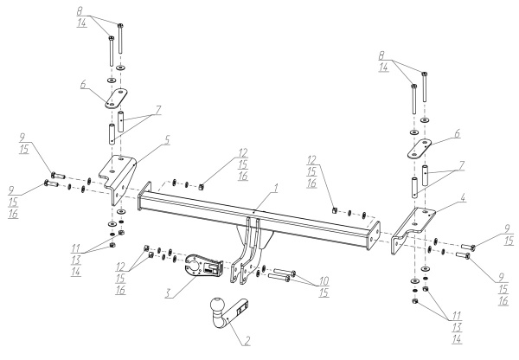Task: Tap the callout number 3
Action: [x=169, y=293]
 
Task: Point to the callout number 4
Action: [x=463, y=198]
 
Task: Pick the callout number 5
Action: [x=167, y=140]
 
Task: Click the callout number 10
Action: [x=324, y=281]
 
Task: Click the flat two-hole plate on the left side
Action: [x=117, y=99]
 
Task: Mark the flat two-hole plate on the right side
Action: [x=420, y=150]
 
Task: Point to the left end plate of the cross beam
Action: [x=144, y=196]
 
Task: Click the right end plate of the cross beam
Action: [x=374, y=236]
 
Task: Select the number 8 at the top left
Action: [x=80, y=11]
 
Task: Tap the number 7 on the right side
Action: [x=462, y=165]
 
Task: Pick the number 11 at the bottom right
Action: [x=458, y=315]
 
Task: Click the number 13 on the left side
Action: [x=76, y=260]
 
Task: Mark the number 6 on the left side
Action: [x=83, y=84]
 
